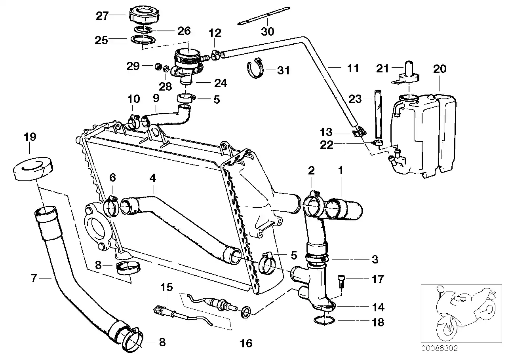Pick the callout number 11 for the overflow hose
point(353,68)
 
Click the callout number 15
point(167,287)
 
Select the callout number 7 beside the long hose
point(34,279)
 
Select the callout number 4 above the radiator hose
point(153,178)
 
